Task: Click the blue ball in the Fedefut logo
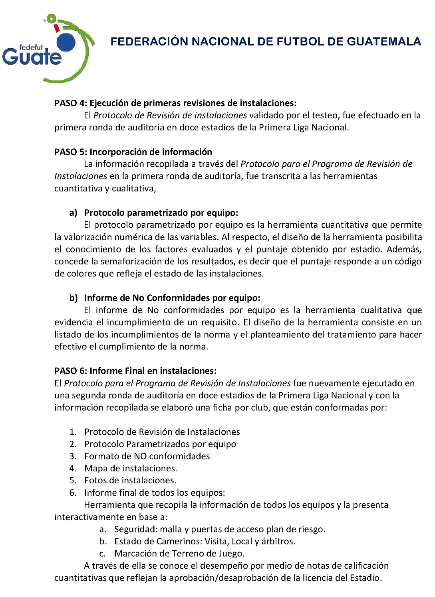point(66,42)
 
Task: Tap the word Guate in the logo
point(32,56)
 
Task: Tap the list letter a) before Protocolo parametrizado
point(73,213)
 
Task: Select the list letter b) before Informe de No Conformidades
point(73,298)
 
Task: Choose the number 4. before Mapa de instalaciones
point(73,468)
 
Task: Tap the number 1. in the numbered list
point(73,432)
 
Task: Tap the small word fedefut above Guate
point(31,47)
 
